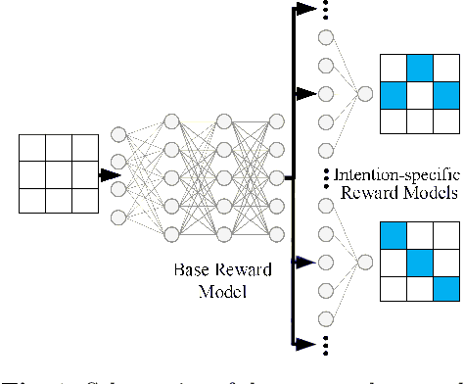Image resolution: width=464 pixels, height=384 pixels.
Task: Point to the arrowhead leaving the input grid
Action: [103, 175]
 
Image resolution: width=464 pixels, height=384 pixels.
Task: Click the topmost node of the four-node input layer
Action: [119, 134]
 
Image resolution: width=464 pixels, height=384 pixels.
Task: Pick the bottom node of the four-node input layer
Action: [119, 216]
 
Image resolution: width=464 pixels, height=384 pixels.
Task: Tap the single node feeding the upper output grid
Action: [364, 94]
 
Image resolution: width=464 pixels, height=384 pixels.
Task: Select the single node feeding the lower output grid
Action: [364, 262]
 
